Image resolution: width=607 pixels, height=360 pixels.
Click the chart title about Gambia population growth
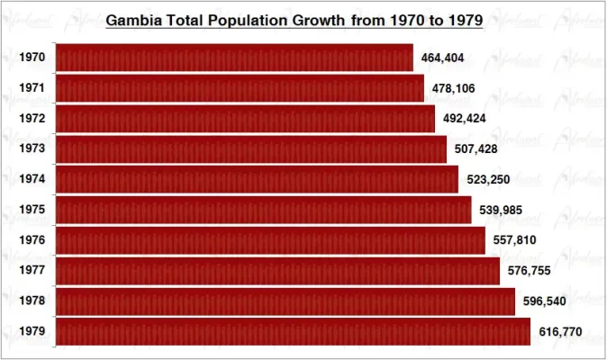[x=294, y=19]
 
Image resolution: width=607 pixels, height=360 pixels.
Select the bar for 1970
[x=234, y=58]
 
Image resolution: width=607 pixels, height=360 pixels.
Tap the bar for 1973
[x=251, y=148]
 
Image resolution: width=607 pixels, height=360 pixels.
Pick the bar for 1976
[x=270, y=240]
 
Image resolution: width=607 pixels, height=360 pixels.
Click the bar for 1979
[x=293, y=331]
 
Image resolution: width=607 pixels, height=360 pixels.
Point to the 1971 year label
[x=32, y=88]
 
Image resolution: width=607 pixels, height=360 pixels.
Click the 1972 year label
[x=32, y=119]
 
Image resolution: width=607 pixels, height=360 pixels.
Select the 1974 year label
[x=32, y=179]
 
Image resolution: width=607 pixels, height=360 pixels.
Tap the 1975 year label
[x=32, y=210]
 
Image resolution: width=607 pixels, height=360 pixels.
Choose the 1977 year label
[x=32, y=271]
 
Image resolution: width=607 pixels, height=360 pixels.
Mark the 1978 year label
[x=32, y=301]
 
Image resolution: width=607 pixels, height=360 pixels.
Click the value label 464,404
[x=442, y=58]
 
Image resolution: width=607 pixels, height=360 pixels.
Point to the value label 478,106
[x=452, y=88]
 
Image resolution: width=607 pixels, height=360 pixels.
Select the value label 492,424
[x=464, y=119]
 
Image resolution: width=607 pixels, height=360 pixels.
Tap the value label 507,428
[x=476, y=149]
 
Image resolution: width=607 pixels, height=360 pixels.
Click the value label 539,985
[x=502, y=211]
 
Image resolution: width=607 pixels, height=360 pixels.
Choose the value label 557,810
[x=515, y=240]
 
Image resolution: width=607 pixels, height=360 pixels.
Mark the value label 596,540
[x=545, y=301]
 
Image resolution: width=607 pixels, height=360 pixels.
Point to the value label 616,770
[x=560, y=332]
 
